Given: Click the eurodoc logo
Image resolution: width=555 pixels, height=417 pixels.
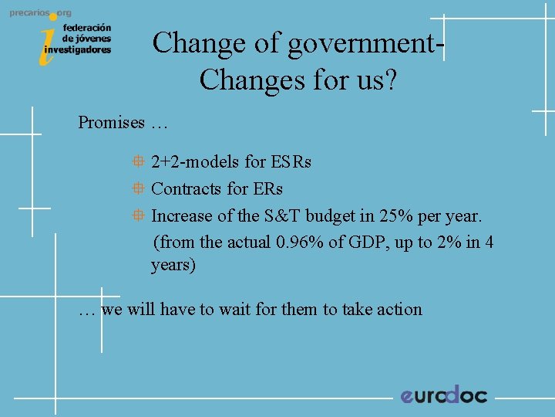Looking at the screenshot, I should coord(443,395).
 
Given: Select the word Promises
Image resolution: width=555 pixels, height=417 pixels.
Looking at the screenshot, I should coord(111,122).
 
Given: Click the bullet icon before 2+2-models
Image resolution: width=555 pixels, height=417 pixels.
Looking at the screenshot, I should coord(137,162).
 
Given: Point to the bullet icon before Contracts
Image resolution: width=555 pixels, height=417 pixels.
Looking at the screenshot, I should coord(137,188).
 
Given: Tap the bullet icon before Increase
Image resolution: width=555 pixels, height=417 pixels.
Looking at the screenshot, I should coord(137,215).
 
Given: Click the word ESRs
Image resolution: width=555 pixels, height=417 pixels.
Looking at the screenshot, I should coord(291,162).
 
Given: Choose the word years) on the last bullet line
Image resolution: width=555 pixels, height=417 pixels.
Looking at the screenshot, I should coord(173,265).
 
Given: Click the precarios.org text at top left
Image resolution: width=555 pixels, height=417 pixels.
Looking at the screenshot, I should coord(40,14).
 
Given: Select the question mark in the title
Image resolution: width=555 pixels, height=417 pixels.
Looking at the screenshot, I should coord(390,80).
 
